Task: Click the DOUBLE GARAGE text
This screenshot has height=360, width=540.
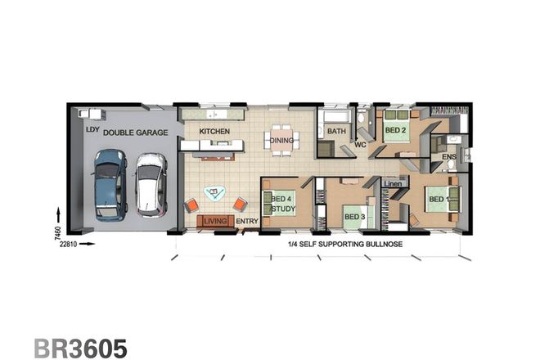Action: point(136,131)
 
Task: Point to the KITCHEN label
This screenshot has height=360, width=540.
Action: point(214,131)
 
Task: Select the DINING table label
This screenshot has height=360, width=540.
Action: point(282,140)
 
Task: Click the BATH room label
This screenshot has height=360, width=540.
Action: point(336,131)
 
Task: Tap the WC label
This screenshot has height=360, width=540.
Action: point(359,145)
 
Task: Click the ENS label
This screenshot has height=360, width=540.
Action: point(448,157)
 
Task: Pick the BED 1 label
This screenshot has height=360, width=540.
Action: point(436,198)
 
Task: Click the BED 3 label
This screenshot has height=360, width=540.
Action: point(353,216)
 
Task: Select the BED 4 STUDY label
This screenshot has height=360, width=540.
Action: point(282,203)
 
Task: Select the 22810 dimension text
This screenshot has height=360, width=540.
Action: point(68,244)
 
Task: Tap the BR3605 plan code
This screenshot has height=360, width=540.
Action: point(80,349)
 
